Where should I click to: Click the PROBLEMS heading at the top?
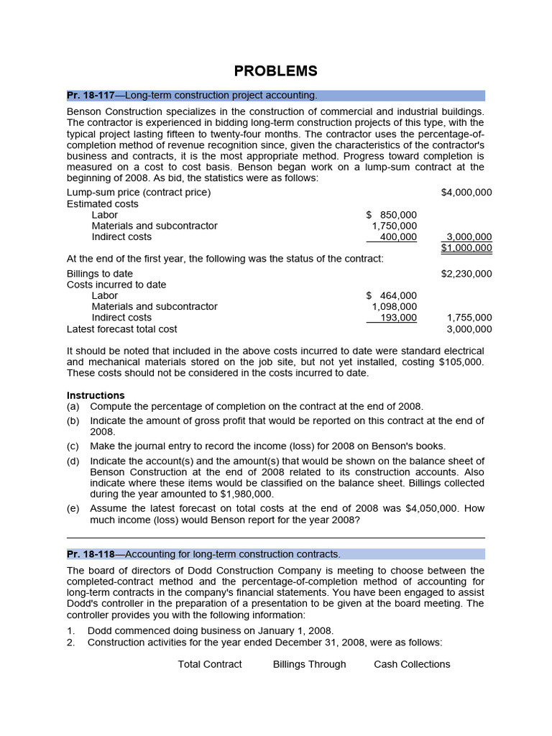[275, 70]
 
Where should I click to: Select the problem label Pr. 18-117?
[91, 96]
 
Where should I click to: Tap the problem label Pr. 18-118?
[91, 554]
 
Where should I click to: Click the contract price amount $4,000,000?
[466, 193]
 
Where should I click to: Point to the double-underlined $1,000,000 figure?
[466, 248]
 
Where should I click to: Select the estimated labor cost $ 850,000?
[391, 215]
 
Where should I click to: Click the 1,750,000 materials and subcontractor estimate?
[394, 226]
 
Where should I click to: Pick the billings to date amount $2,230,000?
[466, 274]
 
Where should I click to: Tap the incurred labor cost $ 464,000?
[391, 295]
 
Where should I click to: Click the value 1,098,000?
[394, 306]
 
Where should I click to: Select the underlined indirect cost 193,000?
[398, 318]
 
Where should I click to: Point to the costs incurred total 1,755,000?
[469, 318]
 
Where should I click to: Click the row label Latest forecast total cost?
[121, 329]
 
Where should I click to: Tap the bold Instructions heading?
[96, 395]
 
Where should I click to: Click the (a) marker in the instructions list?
[73, 406]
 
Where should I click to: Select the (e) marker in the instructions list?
[73, 508]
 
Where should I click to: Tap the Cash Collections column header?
[412, 664]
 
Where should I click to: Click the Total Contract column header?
[210, 664]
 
